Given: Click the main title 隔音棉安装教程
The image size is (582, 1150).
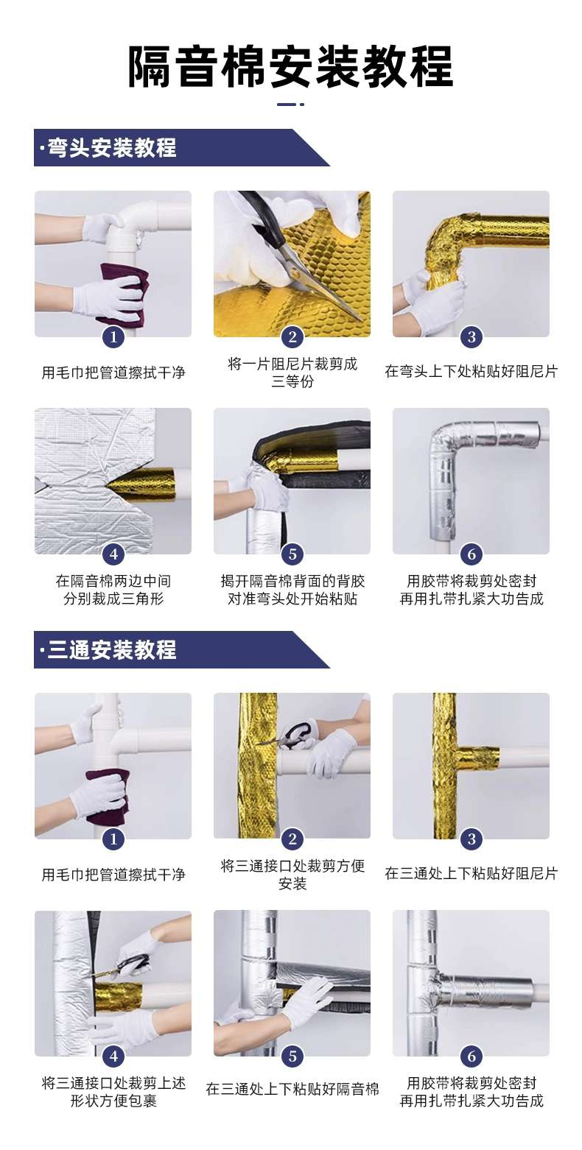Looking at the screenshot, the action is pos(290,66).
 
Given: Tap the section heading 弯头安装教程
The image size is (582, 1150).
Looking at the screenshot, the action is pos(111,148).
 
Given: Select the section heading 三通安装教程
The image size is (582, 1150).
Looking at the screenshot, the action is pos(111,650).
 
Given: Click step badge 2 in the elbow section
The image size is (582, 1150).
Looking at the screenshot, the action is pos(292,336).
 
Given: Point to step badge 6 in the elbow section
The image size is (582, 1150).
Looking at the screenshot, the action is pos(471,554).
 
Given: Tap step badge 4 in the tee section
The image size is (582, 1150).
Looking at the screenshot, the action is pos(113,1056).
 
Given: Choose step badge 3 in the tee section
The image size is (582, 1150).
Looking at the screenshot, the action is pos(471,839).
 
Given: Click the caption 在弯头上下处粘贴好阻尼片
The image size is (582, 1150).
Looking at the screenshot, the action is pos(471,371).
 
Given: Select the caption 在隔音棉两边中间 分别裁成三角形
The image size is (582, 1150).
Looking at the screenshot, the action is pos(113,590).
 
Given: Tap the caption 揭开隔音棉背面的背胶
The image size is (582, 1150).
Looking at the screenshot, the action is pos(292,581).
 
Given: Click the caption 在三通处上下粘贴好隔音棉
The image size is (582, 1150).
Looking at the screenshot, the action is pos(292,1090).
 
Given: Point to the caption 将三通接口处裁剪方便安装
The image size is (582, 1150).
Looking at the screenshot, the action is pos(292,875).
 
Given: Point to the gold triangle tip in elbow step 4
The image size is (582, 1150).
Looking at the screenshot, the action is pos(108,482).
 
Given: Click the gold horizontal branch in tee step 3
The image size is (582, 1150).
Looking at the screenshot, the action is pos(476,759).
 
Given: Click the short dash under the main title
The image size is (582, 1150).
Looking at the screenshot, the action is pos(290,105).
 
